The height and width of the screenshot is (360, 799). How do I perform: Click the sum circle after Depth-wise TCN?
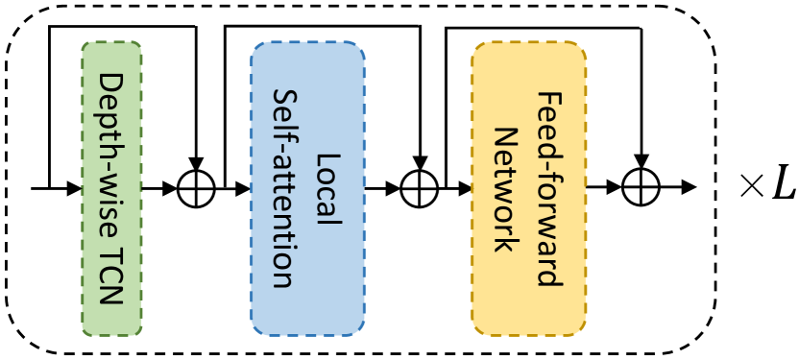pos(196,188)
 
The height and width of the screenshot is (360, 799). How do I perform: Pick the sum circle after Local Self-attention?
pos(419,188)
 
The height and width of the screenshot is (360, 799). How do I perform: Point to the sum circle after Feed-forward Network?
pos(640,188)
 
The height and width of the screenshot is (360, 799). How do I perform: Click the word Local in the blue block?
pos(327,188)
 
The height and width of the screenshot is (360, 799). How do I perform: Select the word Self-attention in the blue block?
pos(284,188)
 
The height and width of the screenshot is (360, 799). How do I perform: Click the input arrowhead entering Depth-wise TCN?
pos(75,188)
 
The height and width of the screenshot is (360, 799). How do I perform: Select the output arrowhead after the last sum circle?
pos(688,188)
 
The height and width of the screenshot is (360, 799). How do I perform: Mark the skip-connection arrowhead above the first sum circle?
pos(196,164)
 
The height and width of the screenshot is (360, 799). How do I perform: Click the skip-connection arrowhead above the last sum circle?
pos(640,164)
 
